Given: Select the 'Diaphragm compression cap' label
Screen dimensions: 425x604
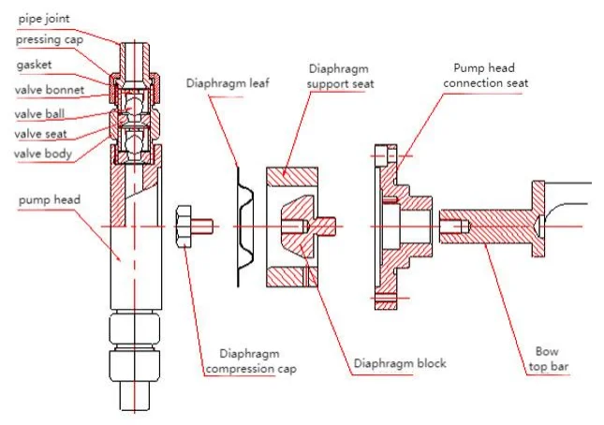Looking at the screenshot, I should (258, 361).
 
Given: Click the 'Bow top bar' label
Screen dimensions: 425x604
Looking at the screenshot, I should (547, 361).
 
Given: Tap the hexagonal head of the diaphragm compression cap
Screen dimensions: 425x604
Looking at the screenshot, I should (184, 227).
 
